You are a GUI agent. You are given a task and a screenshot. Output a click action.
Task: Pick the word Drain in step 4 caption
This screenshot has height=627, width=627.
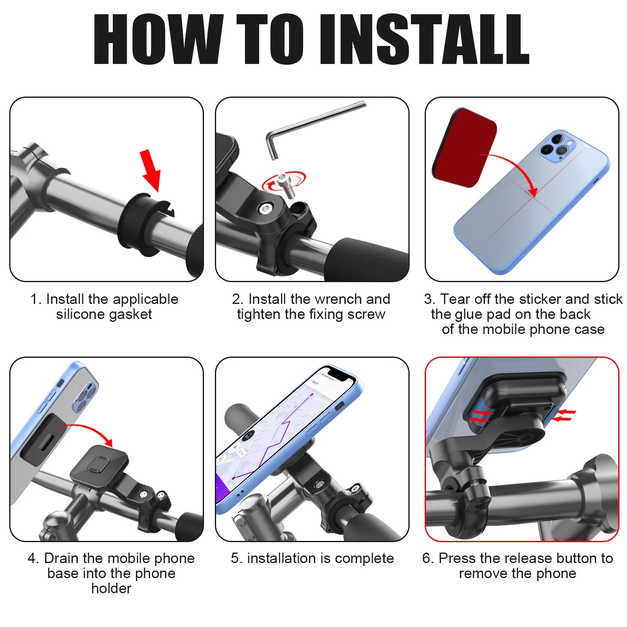(x=62, y=558)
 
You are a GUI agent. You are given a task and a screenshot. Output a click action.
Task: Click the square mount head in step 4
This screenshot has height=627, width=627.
(x=99, y=464)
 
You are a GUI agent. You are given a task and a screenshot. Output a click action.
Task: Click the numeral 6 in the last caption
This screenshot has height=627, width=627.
(x=426, y=558)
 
